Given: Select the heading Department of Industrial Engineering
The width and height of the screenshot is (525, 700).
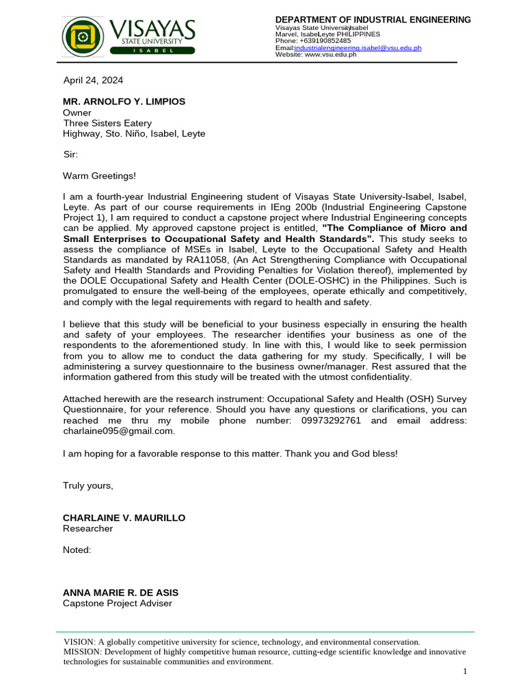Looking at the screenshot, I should pyautogui.click(x=373, y=20).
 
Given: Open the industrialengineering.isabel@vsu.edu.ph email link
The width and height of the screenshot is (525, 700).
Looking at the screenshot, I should pyautogui.click(x=358, y=48).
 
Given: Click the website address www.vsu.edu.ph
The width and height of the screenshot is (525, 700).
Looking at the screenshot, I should pyautogui.click(x=330, y=55).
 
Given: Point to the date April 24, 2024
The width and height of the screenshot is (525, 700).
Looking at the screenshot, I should pyautogui.click(x=93, y=80).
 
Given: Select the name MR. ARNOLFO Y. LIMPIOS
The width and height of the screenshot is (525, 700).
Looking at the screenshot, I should pyautogui.click(x=124, y=101).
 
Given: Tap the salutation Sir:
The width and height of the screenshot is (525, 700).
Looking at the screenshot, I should pyautogui.click(x=70, y=154).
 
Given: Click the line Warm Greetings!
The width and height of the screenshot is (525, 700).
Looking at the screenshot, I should pyautogui.click(x=99, y=176).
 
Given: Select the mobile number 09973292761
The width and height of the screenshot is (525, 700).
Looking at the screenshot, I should pyautogui.click(x=331, y=420).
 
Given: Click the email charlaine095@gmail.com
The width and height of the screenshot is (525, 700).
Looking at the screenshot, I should pyautogui.click(x=118, y=431).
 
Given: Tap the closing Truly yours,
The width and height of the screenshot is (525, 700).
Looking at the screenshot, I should pyautogui.click(x=88, y=485).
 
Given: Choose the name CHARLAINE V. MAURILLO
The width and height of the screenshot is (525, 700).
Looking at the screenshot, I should pyautogui.click(x=124, y=517).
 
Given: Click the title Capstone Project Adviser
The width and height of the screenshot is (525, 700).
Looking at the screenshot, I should pyautogui.click(x=118, y=603).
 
